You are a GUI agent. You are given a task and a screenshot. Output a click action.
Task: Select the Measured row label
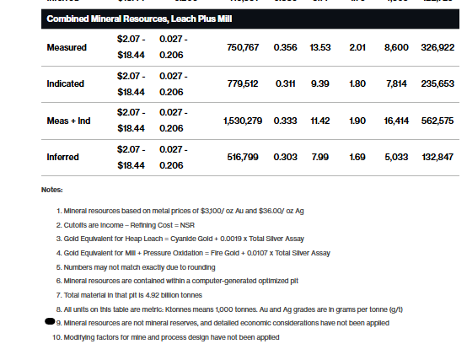[x=67, y=47]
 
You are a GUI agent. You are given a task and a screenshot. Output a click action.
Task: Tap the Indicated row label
[x=67, y=83]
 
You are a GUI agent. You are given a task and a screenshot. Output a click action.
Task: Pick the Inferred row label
[x=63, y=157]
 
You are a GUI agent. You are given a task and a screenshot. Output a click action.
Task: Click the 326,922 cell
[x=437, y=47]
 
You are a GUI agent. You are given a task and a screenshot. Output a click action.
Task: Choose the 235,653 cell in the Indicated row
[x=437, y=83]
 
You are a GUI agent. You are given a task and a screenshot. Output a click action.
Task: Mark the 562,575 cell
[x=437, y=121]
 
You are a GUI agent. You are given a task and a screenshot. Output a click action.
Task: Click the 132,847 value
[x=437, y=157]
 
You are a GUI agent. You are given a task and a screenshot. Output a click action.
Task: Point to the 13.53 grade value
[x=319, y=47]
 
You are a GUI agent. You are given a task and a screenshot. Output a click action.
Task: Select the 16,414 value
[x=396, y=121]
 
